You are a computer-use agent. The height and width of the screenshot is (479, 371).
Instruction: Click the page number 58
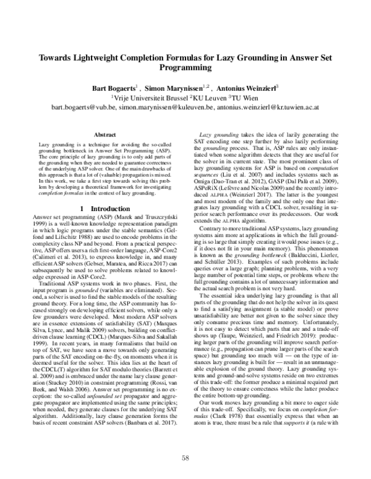pos(185,457)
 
